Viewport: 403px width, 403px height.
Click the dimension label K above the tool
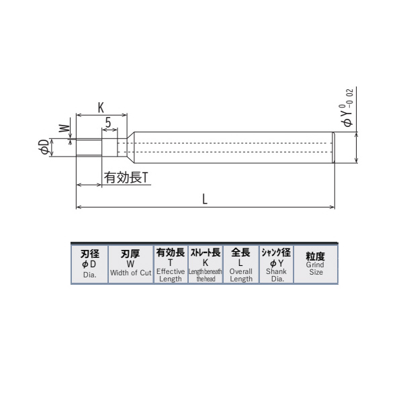click(101, 107)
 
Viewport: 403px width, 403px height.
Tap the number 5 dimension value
click(108, 122)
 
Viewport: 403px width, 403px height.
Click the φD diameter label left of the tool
click(44, 148)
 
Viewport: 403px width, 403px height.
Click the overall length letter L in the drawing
click(204, 198)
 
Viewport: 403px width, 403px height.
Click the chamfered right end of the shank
click(333, 148)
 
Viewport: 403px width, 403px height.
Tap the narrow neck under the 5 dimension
click(109, 148)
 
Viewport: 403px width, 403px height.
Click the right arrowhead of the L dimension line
click(332, 207)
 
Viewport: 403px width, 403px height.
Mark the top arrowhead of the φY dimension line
click(357, 134)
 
